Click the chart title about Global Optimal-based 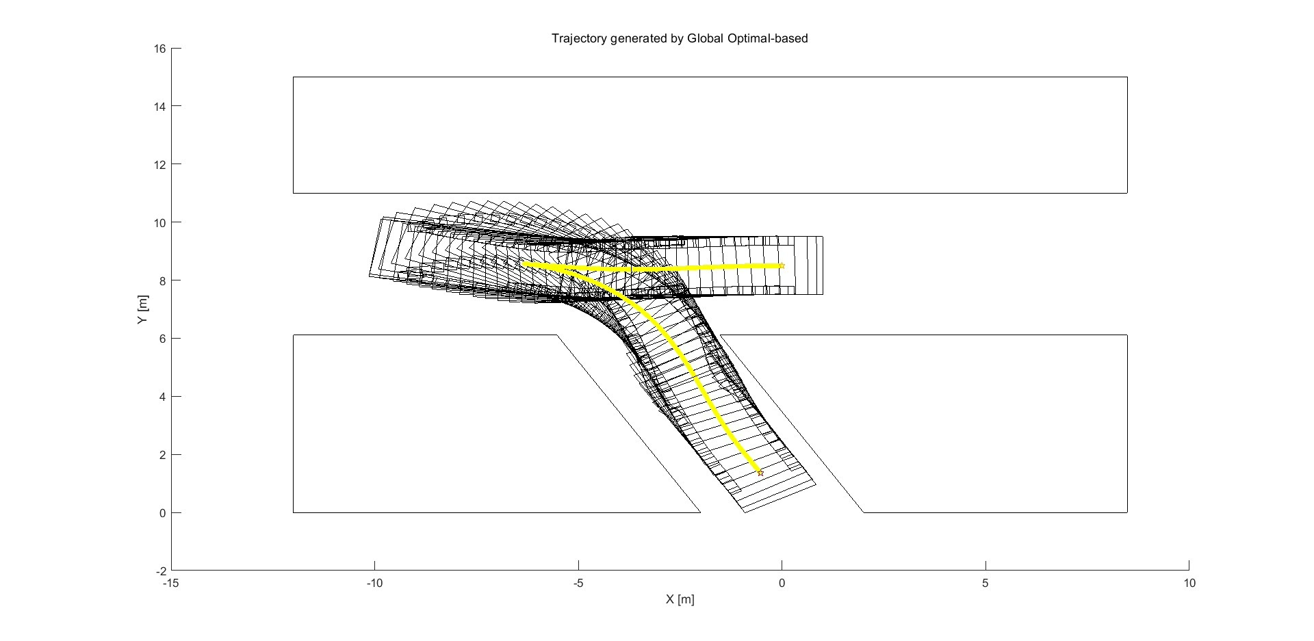click(x=680, y=38)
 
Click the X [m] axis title click(x=680, y=600)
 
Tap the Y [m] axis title click(x=142, y=310)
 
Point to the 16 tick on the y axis click(x=160, y=49)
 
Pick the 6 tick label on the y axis click(x=162, y=339)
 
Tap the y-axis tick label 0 click(x=162, y=513)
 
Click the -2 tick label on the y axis click(x=160, y=571)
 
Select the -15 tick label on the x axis click(x=171, y=584)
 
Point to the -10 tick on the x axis click(x=374, y=584)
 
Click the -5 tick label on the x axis click(x=578, y=584)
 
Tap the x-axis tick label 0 click(x=782, y=584)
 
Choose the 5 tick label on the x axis click(x=985, y=584)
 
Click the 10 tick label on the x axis click(x=1189, y=584)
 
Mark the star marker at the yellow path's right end click(x=782, y=265)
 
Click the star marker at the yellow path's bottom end click(x=760, y=473)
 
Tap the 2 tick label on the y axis click(x=162, y=455)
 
